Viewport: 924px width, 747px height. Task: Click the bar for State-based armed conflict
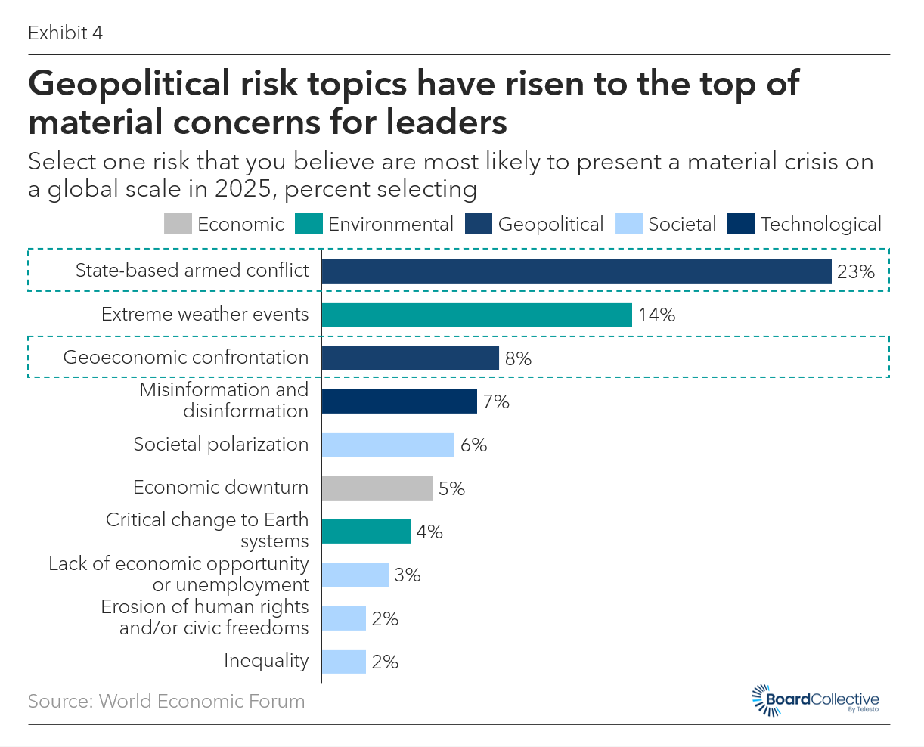tap(576, 271)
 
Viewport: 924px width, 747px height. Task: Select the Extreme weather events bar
tap(476, 315)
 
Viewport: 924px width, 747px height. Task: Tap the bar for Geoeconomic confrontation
tap(410, 358)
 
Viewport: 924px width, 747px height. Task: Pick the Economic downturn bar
tap(377, 488)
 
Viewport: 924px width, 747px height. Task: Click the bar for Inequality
tap(343, 662)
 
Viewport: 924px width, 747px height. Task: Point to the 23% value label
tap(856, 272)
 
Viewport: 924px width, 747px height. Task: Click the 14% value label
tap(656, 315)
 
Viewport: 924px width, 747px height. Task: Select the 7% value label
tap(496, 402)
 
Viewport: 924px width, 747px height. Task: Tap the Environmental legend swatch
tap(309, 225)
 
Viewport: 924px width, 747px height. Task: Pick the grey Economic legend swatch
tap(178, 225)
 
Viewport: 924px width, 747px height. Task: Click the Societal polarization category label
tap(221, 445)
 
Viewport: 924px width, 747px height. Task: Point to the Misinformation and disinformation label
tap(225, 401)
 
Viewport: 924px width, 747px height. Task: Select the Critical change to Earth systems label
tap(207, 531)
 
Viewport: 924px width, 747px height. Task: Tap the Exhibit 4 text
tap(65, 33)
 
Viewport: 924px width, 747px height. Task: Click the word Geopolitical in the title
tap(128, 83)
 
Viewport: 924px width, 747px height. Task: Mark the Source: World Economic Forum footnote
tap(166, 702)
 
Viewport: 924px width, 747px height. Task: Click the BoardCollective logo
tap(815, 700)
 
